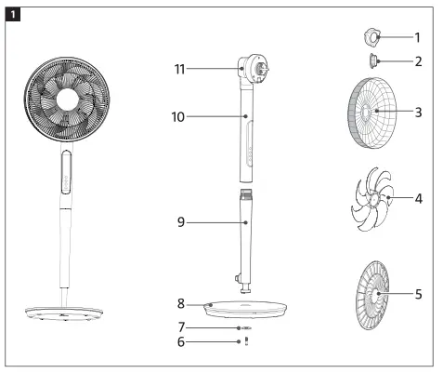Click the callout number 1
[x=416, y=38]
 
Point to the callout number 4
[x=420, y=198]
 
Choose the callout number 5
[x=420, y=295]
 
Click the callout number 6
[x=181, y=342]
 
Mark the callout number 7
[x=181, y=327]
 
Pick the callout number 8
[x=181, y=304]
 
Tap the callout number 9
[x=181, y=222]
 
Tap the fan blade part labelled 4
[x=369, y=198]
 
